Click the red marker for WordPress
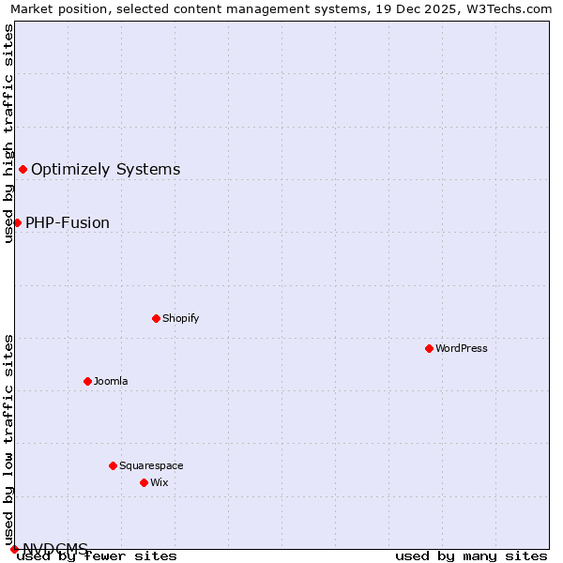[x=429, y=348]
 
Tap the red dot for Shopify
[x=156, y=318]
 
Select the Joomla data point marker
[x=87, y=381]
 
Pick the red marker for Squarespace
[x=113, y=465]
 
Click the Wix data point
[x=144, y=482]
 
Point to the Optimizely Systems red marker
[x=23, y=169]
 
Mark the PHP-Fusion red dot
[x=17, y=222]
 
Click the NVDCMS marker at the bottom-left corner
[x=14, y=549]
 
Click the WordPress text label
[x=462, y=348]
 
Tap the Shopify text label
[x=181, y=318]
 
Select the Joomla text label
[x=111, y=381]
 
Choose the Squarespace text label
[x=151, y=465]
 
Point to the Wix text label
[x=160, y=482]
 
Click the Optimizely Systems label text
[x=106, y=169]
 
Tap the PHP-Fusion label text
[x=68, y=222]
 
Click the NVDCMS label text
[x=55, y=548]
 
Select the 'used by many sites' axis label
[x=471, y=556]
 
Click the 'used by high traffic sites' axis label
[x=8, y=133]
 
